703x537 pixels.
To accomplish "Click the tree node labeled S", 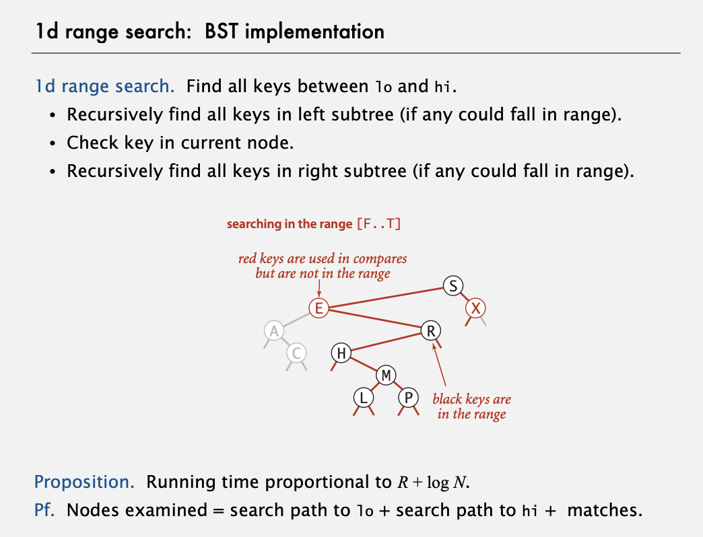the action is (x=453, y=286).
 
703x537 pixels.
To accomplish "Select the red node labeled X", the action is (x=475, y=308).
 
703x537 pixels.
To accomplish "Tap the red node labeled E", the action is (x=319, y=308).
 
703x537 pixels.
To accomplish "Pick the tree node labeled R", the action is (x=430, y=330).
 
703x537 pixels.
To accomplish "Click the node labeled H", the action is (x=341, y=353).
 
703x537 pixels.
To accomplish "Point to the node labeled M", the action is (x=386, y=375).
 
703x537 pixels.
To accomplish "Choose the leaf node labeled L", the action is (x=364, y=398).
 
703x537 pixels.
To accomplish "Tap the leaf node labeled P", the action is (x=408, y=398).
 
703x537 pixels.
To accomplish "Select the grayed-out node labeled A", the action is (x=274, y=330).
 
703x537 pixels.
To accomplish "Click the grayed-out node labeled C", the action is (x=296, y=353).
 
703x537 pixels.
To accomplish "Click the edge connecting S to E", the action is (x=386, y=297).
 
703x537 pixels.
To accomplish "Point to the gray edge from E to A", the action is (x=296, y=320).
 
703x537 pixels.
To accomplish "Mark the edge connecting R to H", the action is (x=386, y=342).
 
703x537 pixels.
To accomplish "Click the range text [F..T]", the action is (x=379, y=223).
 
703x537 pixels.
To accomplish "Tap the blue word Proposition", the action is (x=84, y=482).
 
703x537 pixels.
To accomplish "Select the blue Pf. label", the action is (x=44, y=510).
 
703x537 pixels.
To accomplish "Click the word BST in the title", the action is (x=221, y=32).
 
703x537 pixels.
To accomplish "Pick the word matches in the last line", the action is (x=605, y=510).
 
